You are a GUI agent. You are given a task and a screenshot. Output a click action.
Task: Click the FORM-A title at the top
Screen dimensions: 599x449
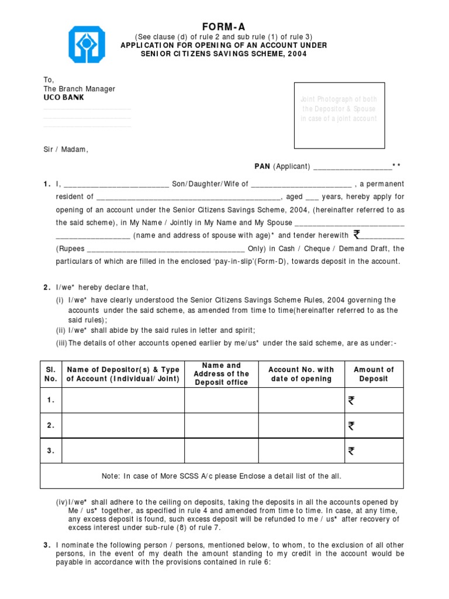[x=224, y=27]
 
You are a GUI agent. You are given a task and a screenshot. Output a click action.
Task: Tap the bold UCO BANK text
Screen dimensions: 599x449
[x=63, y=98]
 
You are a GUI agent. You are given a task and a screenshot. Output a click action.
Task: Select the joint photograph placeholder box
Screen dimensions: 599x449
[x=339, y=115]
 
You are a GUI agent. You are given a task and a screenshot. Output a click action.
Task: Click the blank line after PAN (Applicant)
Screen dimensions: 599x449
[x=352, y=167]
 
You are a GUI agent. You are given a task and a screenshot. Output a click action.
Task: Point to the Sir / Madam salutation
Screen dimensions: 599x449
[x=65, y=149]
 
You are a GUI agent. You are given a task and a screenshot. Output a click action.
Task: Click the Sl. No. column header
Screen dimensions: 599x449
[x=51, y=374]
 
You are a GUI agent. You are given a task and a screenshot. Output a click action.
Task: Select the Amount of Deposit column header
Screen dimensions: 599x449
[x=374, y=374]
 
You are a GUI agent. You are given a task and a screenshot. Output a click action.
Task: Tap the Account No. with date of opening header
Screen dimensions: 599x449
[x=301, y=374]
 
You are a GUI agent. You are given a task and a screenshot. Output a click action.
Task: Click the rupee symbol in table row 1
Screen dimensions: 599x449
[x=351, y=401]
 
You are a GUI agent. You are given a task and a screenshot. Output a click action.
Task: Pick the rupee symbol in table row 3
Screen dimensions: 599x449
[x=351, y=451]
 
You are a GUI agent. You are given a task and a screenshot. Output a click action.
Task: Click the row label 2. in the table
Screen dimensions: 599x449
[x=51, y=426]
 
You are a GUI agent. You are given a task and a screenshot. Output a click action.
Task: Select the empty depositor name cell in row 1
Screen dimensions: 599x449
[x=123, y=401]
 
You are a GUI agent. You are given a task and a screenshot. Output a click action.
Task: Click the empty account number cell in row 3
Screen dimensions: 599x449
[x=301, y=451]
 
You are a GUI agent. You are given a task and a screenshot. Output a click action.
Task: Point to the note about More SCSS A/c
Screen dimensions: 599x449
[x=221, y=476]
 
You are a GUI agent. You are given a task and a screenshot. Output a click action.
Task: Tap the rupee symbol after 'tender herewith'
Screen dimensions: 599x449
[x=357, y=235]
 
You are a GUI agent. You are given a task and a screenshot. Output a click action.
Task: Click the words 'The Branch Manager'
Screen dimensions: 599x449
[x=80, y=89]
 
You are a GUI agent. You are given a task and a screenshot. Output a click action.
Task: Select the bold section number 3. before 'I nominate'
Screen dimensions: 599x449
[x=46, y=545]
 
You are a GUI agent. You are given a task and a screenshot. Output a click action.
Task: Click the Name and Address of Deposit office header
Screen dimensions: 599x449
[x=221, y=374]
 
